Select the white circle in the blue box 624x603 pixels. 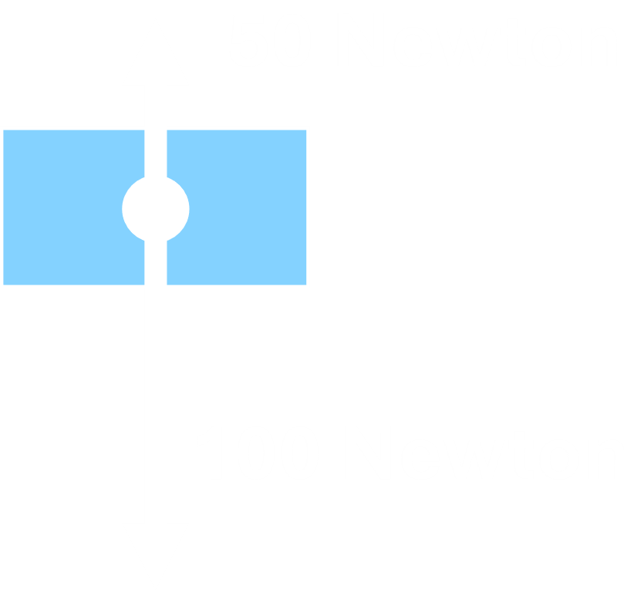click(156, 208)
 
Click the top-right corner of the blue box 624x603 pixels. click(309, 129)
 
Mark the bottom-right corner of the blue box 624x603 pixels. click(309, 286)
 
